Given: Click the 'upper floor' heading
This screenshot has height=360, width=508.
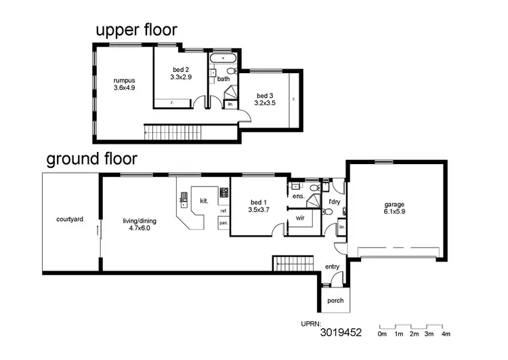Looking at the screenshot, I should click(136, 30).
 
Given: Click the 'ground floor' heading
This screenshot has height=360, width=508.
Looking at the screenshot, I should click(91, 159).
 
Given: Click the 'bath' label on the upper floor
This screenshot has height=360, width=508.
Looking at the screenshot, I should click(224, 79).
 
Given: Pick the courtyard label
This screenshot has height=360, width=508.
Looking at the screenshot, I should click(70, 220).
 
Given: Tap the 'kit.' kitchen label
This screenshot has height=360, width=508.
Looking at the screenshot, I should click(204, 201).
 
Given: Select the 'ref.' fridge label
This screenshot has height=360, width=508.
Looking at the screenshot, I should click(223, 211).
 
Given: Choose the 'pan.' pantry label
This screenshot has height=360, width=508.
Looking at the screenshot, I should click(223, 222).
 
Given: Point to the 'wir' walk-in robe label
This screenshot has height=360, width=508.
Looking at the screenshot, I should click(299, 218).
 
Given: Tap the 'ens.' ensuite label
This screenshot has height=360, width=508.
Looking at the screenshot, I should click(298, 197).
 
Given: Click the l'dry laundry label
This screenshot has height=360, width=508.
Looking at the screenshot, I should click(334, 202).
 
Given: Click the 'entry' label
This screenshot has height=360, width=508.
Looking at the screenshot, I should click(332, 266).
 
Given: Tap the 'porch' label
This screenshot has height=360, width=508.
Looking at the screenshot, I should click(335, 300).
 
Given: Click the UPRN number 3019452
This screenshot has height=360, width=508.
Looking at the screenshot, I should click(341, 333).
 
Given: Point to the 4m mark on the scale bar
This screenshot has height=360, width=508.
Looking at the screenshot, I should click(445, 334).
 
